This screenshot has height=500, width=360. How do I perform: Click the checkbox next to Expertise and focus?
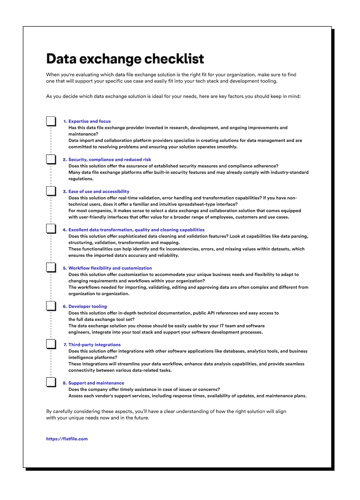tap(51, 121)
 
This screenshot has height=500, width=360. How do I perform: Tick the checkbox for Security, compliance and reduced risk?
tap(51, 159)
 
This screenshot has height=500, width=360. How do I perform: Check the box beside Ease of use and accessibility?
tap(51, 191)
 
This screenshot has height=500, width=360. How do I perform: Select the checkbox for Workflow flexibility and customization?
tap(51, 267)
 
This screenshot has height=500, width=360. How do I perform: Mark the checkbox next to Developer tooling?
tap(51, 306)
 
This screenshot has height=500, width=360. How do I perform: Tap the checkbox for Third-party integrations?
tap(51, 344)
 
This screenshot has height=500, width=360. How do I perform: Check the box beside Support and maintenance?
tap(51, 382)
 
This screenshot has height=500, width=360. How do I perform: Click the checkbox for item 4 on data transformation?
tap(51, 229)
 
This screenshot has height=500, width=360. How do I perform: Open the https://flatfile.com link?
tap(67, 439)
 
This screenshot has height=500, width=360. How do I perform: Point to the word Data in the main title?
tap(61, 59)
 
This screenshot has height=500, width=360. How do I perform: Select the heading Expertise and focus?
tap(90, 121)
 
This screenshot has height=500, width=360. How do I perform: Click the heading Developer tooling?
tap(88, 306)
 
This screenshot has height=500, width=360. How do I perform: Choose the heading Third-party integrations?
tap(94, 345)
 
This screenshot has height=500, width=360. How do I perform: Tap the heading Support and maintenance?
tap(96, 383)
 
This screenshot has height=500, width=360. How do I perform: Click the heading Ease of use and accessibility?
tap(99, 192)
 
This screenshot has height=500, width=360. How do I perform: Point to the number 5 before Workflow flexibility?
tap(65, 268)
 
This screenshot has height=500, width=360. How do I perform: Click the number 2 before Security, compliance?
tap(65, 160)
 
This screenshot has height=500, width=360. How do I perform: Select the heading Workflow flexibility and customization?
tap(110, 268)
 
